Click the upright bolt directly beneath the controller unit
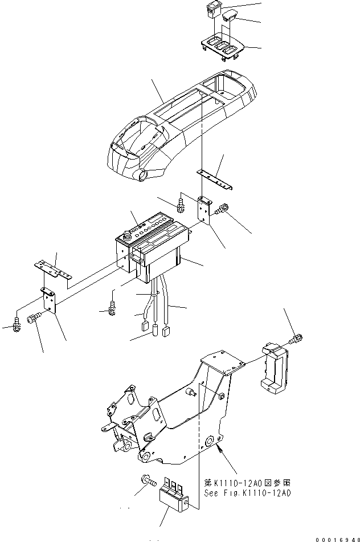(x=112, y=308)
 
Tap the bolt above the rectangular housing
(x=294, y=340)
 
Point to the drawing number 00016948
(x=333, y=536)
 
